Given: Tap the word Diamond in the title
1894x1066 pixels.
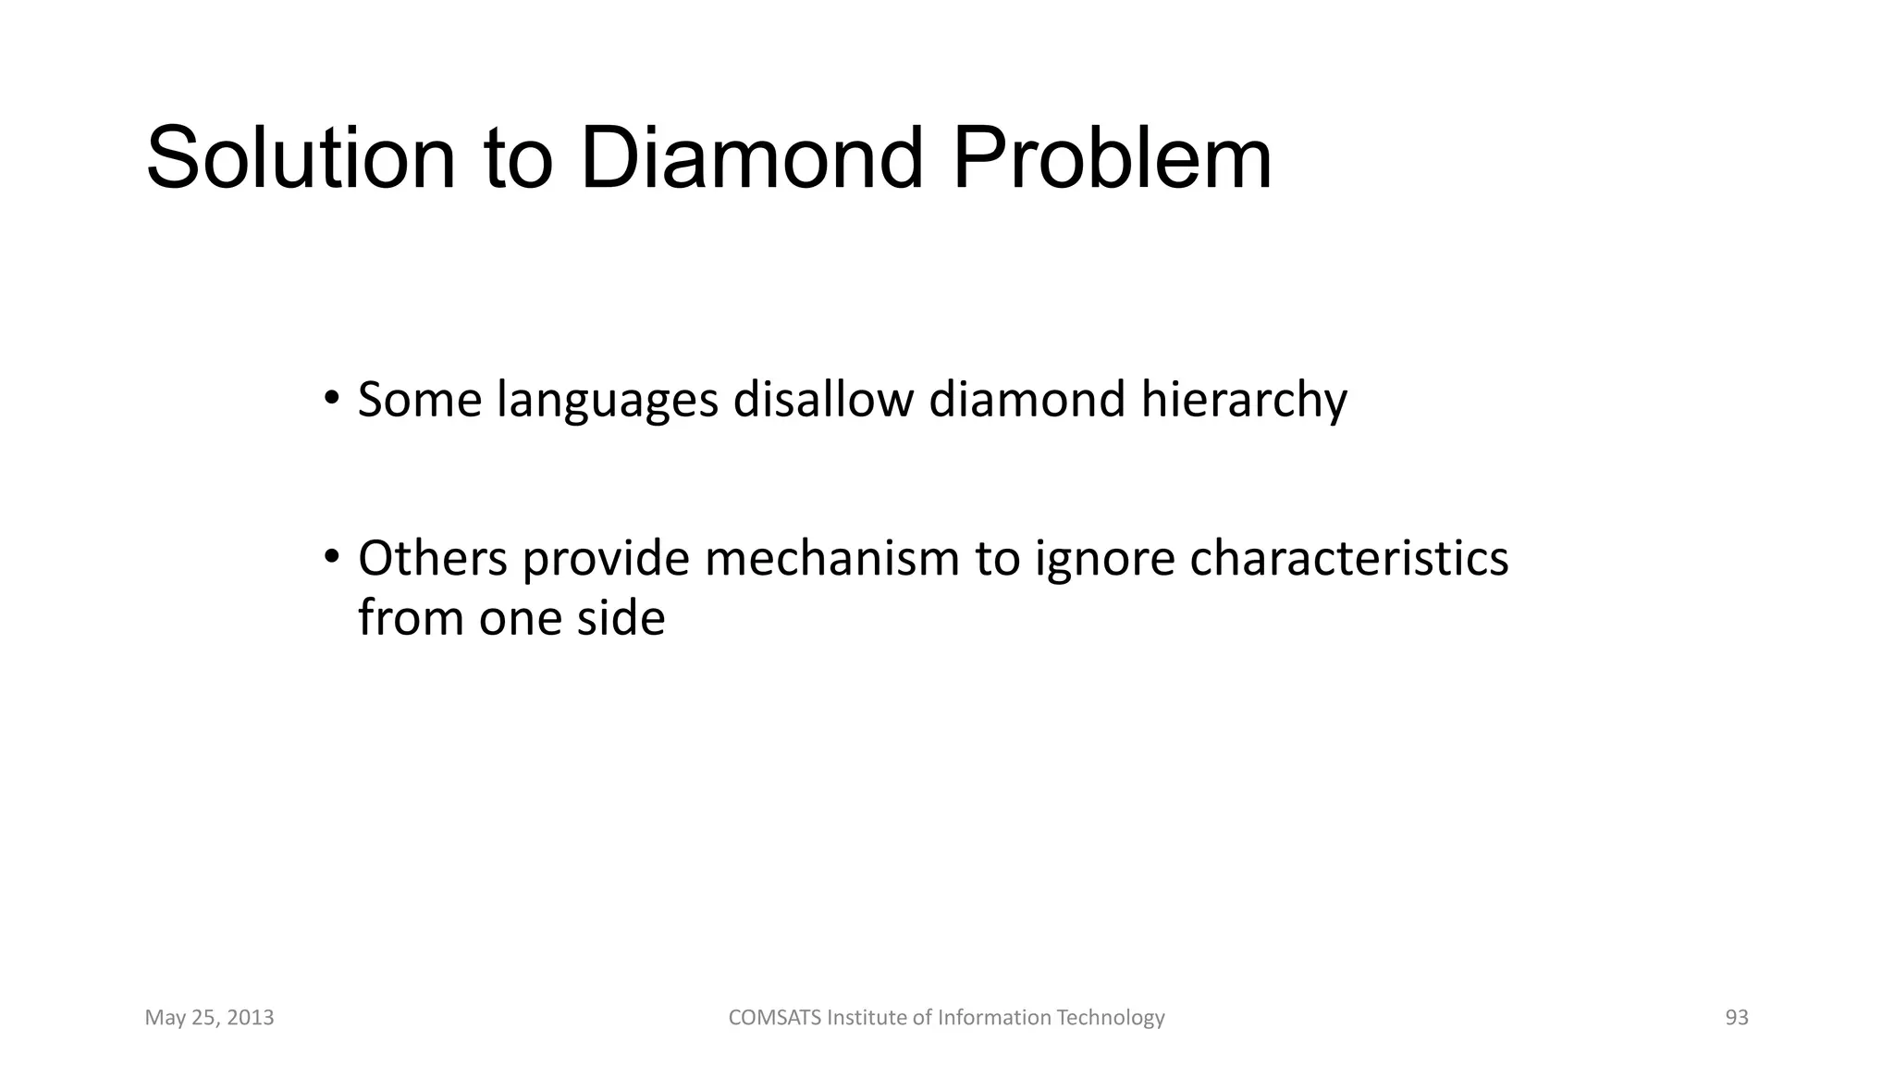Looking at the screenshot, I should pos(751,159).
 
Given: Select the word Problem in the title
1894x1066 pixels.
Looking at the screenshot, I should pos(1112,159).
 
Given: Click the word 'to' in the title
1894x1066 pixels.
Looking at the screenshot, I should pos(518,159).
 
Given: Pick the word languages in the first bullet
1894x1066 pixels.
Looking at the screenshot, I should pos(607,402).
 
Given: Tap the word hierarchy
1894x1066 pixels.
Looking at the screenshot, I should pos(1243,402).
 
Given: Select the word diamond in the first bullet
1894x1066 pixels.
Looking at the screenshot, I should pos(1027,400).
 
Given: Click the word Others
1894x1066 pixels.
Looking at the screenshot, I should pos(432,559).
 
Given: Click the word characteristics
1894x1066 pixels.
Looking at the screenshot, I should pos(1348,559).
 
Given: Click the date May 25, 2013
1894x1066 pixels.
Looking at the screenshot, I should pos(209,1018).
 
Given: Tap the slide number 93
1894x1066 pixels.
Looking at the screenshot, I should pos(1737,1018).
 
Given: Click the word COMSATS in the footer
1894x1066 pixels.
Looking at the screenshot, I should pos(774,1018).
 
